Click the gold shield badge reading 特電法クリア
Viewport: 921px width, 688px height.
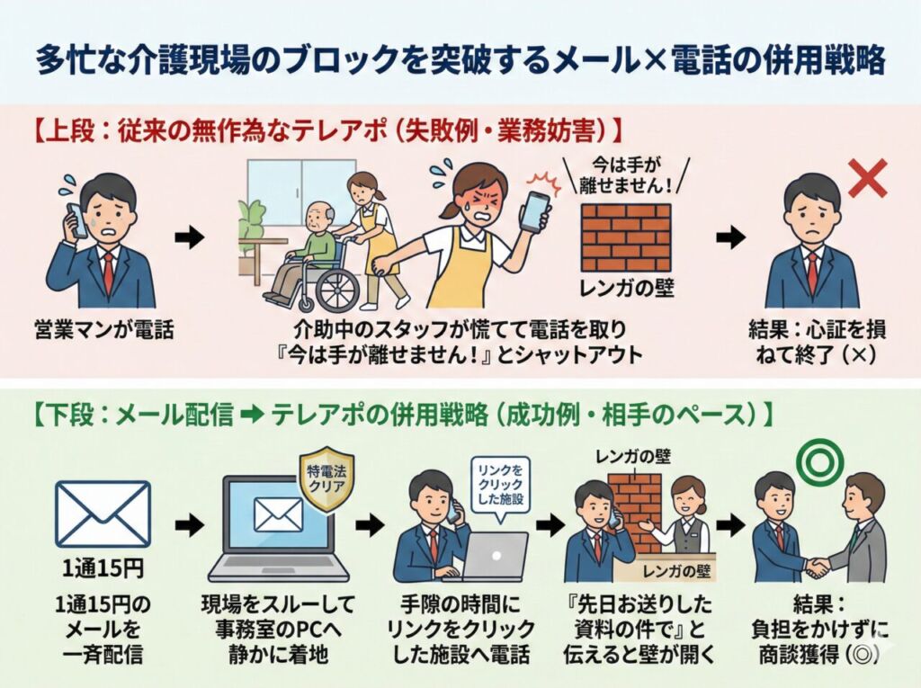(322, 480)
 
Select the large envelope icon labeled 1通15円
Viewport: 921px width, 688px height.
(103, 514)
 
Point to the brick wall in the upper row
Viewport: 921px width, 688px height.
(624, 236)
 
